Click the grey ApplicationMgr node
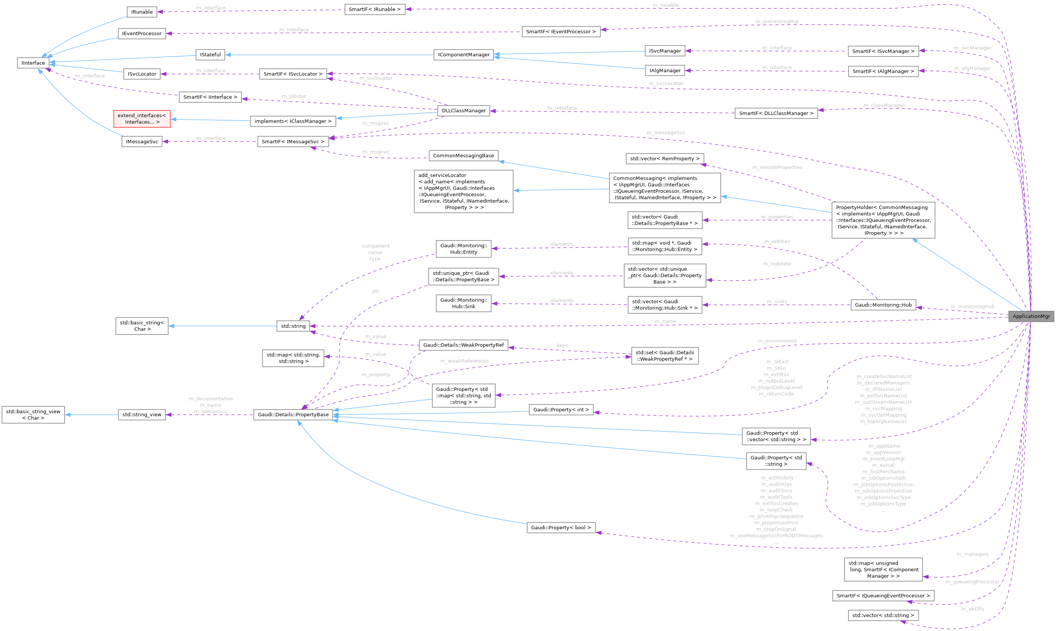(1031, 316)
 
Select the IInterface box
(33, 63)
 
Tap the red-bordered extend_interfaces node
(142, 119)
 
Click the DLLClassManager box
(463, 110)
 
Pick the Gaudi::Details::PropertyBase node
(293, 415)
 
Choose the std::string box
(293, 326)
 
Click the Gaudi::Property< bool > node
(561, 528)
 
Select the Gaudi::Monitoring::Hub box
(883, 305)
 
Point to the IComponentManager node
(463, 55)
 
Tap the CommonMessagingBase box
(463, 156)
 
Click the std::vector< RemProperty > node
(664, 158)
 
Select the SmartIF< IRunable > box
(375, 9)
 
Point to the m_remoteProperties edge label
(777, 167)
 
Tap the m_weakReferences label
(464, 361)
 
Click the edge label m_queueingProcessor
(972, 582)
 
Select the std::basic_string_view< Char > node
(33, 415)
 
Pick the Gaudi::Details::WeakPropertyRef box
(463, 345)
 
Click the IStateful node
(210, 55)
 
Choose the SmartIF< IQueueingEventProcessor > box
(883, 596)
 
